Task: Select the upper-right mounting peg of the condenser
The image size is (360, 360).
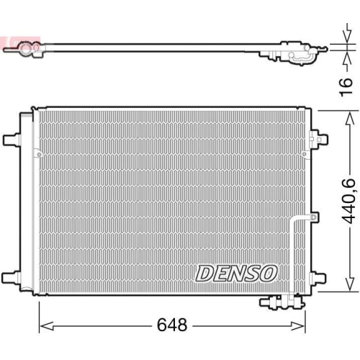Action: click(x=318, y=136)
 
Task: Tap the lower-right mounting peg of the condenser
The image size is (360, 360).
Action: click(x=318, y=278)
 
